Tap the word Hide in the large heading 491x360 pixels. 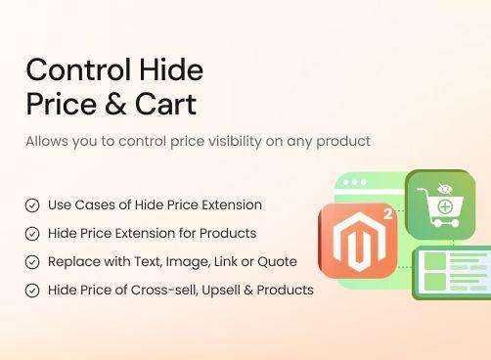[x=172, y=70]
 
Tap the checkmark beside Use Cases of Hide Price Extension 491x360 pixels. [x=32, y=205]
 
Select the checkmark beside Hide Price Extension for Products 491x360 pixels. [x=32, y=234]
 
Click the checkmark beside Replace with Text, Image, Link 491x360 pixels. [x=32, y=262]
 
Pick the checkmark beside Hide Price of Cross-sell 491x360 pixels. [x=32, y=291]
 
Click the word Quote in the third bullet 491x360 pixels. [x=279, y=261]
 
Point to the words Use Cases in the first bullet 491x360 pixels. [x=82, y=204]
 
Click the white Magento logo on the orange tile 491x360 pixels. [x=357, y=240]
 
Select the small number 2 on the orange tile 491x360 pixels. [x=387, y=213]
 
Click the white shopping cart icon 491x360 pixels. [x=439, y=206]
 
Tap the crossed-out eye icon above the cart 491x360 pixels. [x=445, y=189]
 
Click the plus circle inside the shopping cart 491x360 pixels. [x=445, y=206]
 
